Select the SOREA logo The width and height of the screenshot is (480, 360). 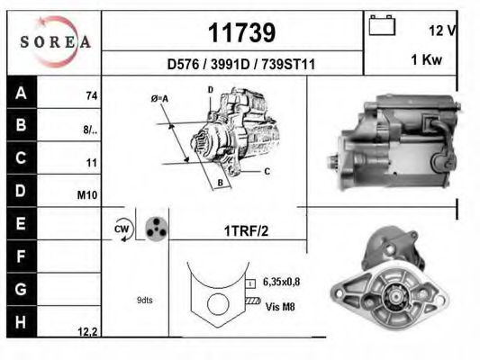click(x=55, y=42)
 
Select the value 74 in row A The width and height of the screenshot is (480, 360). click(x=91, y=95)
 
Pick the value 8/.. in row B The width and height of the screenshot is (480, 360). click(x=90, y=129)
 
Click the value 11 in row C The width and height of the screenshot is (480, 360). click(x=91, y=162)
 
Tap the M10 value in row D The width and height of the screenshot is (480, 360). click(x=88, y=194)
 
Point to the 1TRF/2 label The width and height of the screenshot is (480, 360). click(x=246, y=230)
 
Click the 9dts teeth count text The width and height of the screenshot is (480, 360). click(x=145, y=300)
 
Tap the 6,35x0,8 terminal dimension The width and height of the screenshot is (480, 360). click(x=282, y=282)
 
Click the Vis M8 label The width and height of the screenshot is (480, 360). click(x=280, y=306)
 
